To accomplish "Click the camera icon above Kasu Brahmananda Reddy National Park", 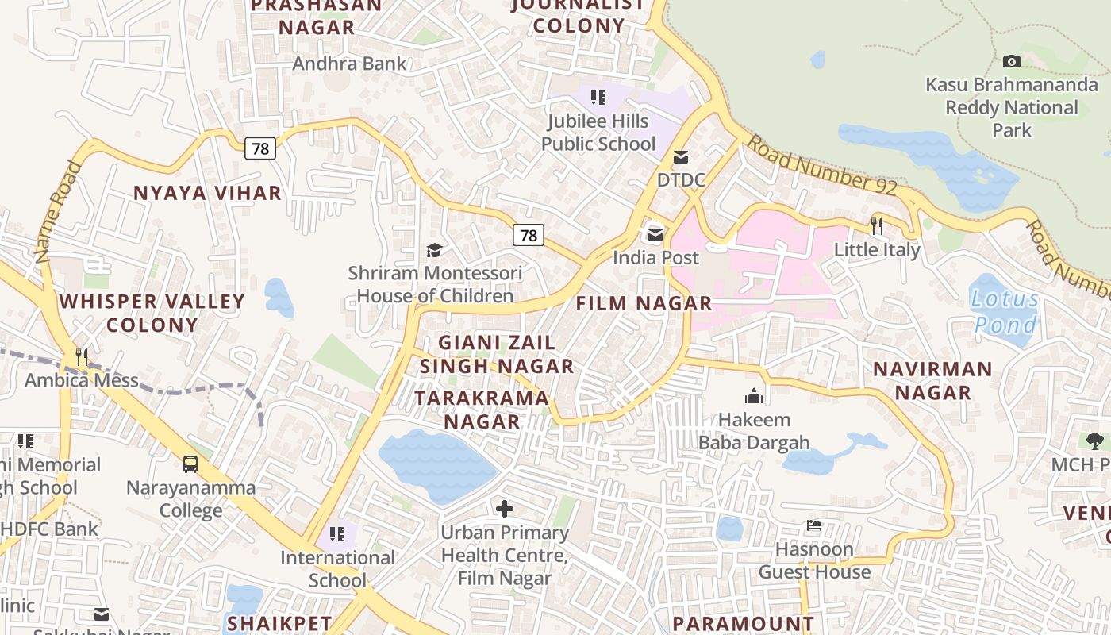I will point(1012,61).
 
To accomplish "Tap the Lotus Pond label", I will point(1005,312).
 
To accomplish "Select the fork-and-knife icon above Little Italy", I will point(877,226).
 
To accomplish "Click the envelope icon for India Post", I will point(655,234).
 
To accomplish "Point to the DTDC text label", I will point(681,180).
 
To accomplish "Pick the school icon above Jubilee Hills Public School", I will point(598,98).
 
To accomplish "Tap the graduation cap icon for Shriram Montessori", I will point(434,251).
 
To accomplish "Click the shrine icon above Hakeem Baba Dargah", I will point(753,395).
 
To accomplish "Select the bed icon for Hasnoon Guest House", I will point(814,525).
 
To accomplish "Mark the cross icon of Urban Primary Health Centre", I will point(504,508).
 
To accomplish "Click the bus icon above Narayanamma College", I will point(190,464).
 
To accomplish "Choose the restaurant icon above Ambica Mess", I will point(82,357).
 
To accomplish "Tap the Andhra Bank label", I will point(349,63).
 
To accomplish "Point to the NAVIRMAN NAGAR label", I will point(932,380).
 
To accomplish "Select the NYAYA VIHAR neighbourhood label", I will point(207,193).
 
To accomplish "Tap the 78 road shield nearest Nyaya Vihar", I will point(259,148).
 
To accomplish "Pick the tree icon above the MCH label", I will point(1094,441).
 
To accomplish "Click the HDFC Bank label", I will point(49,529).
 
